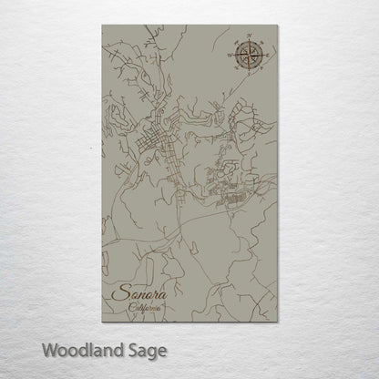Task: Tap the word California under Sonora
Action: coord(145,311)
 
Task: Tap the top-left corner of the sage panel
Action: coord(95,25)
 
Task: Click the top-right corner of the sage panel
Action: coord(283,25)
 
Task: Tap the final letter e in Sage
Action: coord(164,351)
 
